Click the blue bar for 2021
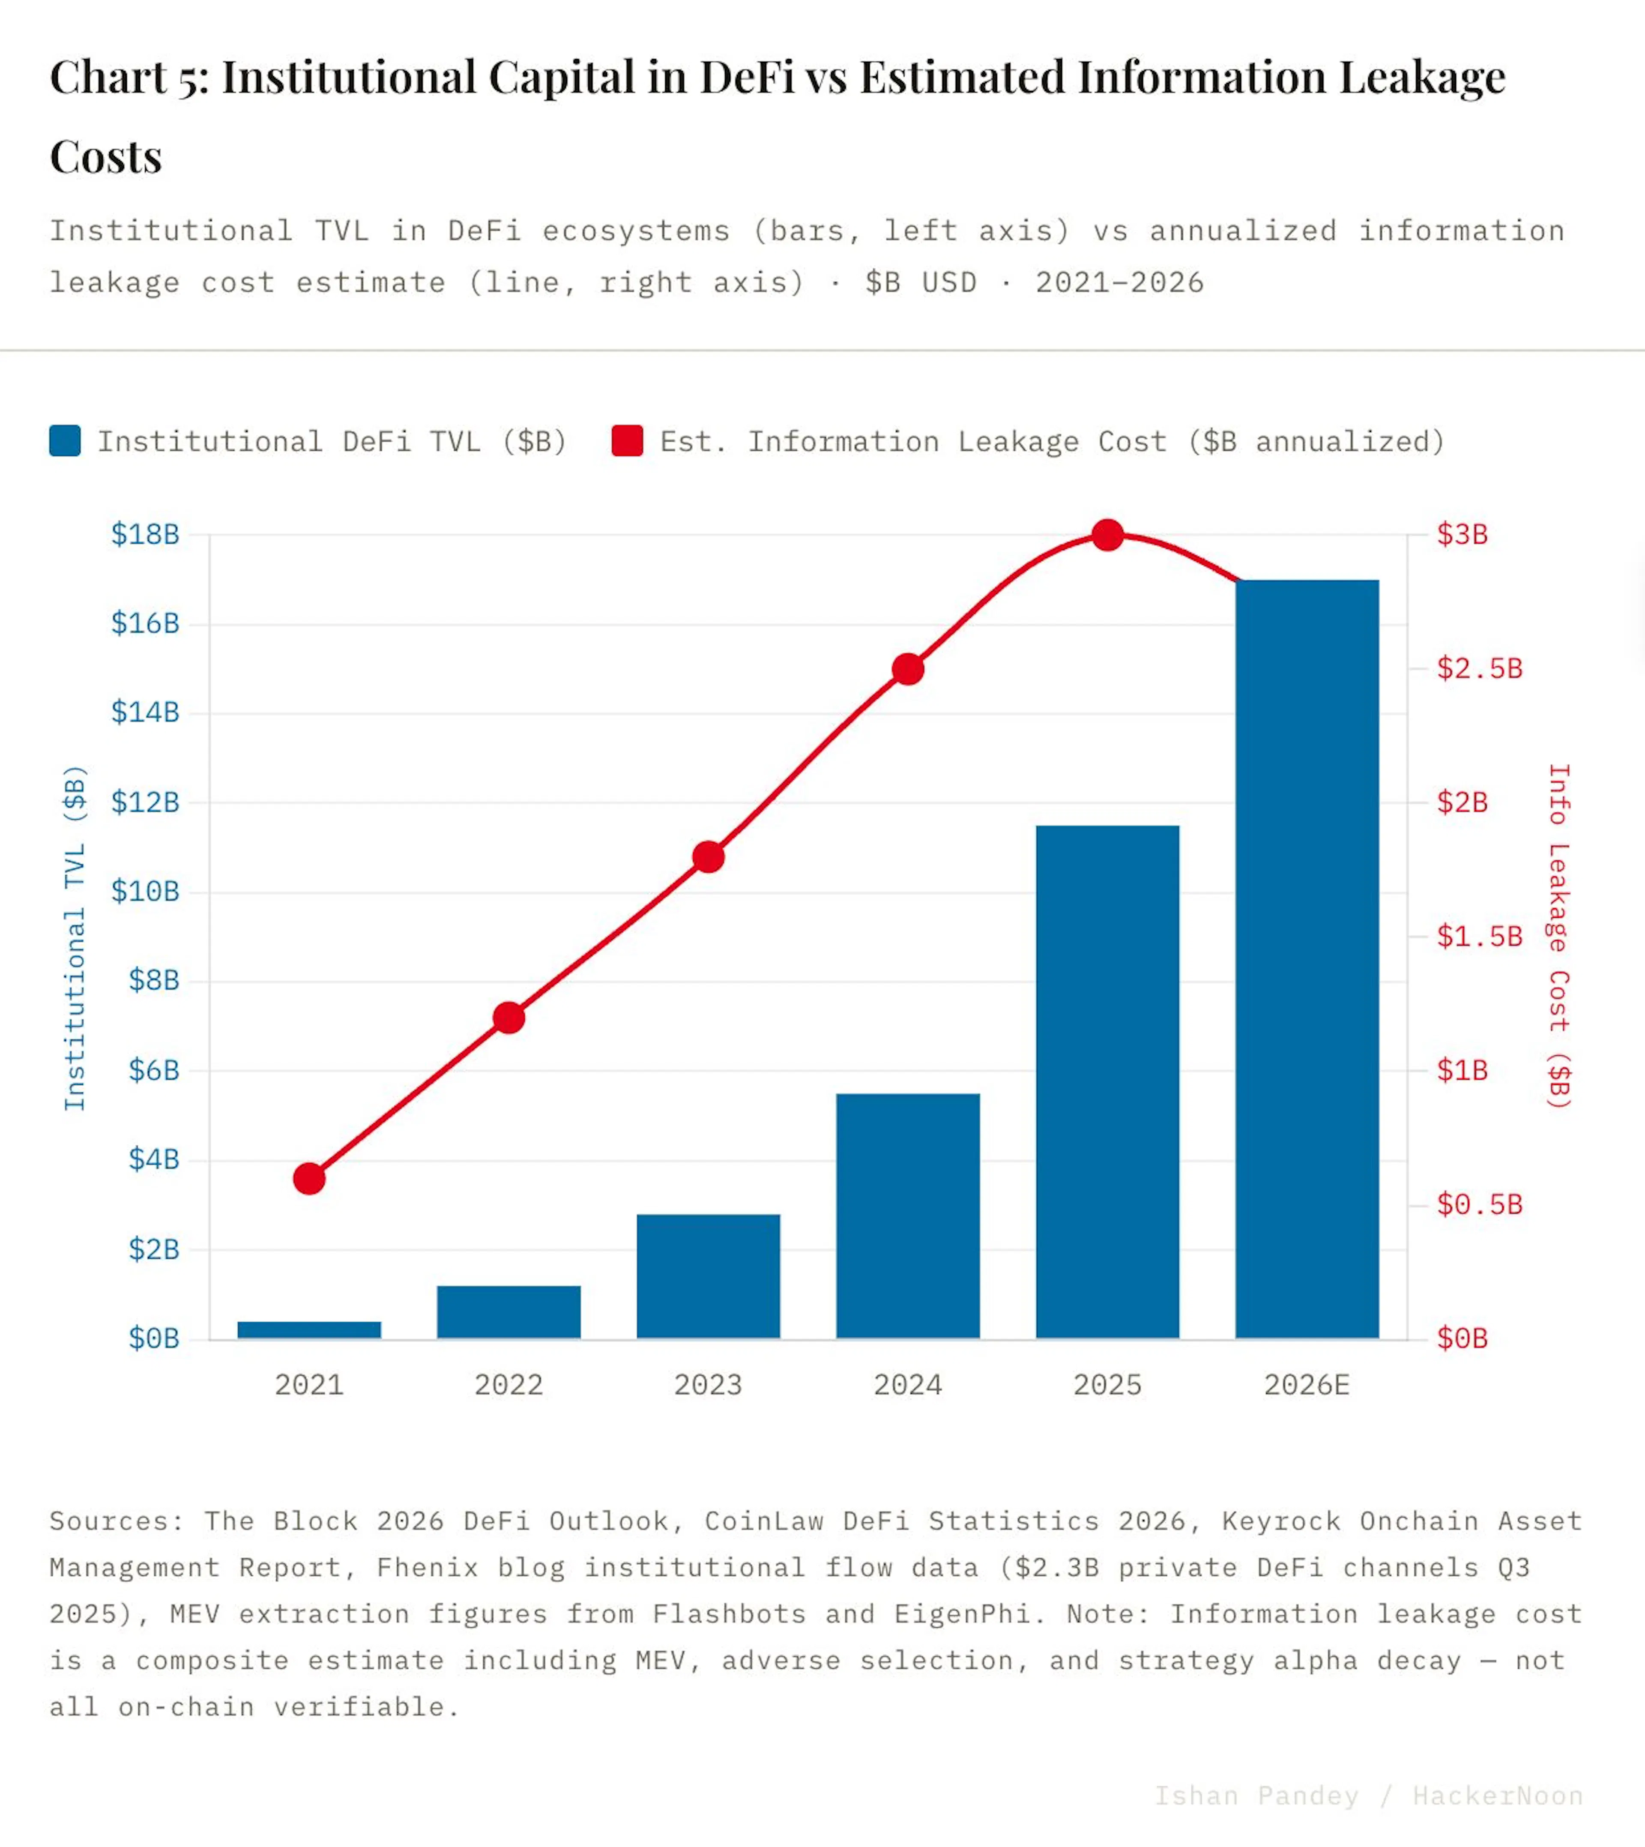click(309, 1330)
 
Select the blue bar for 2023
click(709, 1277)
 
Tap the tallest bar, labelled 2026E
click(1307, 959)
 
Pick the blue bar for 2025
click(1107, 1082)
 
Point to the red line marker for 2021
click(309, 1179)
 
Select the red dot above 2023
click(709, 857)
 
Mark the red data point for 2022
click(509, 1018)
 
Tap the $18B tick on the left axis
click(145, 534)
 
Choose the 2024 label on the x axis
click(907, 1385)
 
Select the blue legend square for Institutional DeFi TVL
click(65, 441)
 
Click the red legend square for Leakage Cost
click(627, 441)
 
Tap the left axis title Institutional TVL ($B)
click(75, 937)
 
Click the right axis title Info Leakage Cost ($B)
click(1559, 937)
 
